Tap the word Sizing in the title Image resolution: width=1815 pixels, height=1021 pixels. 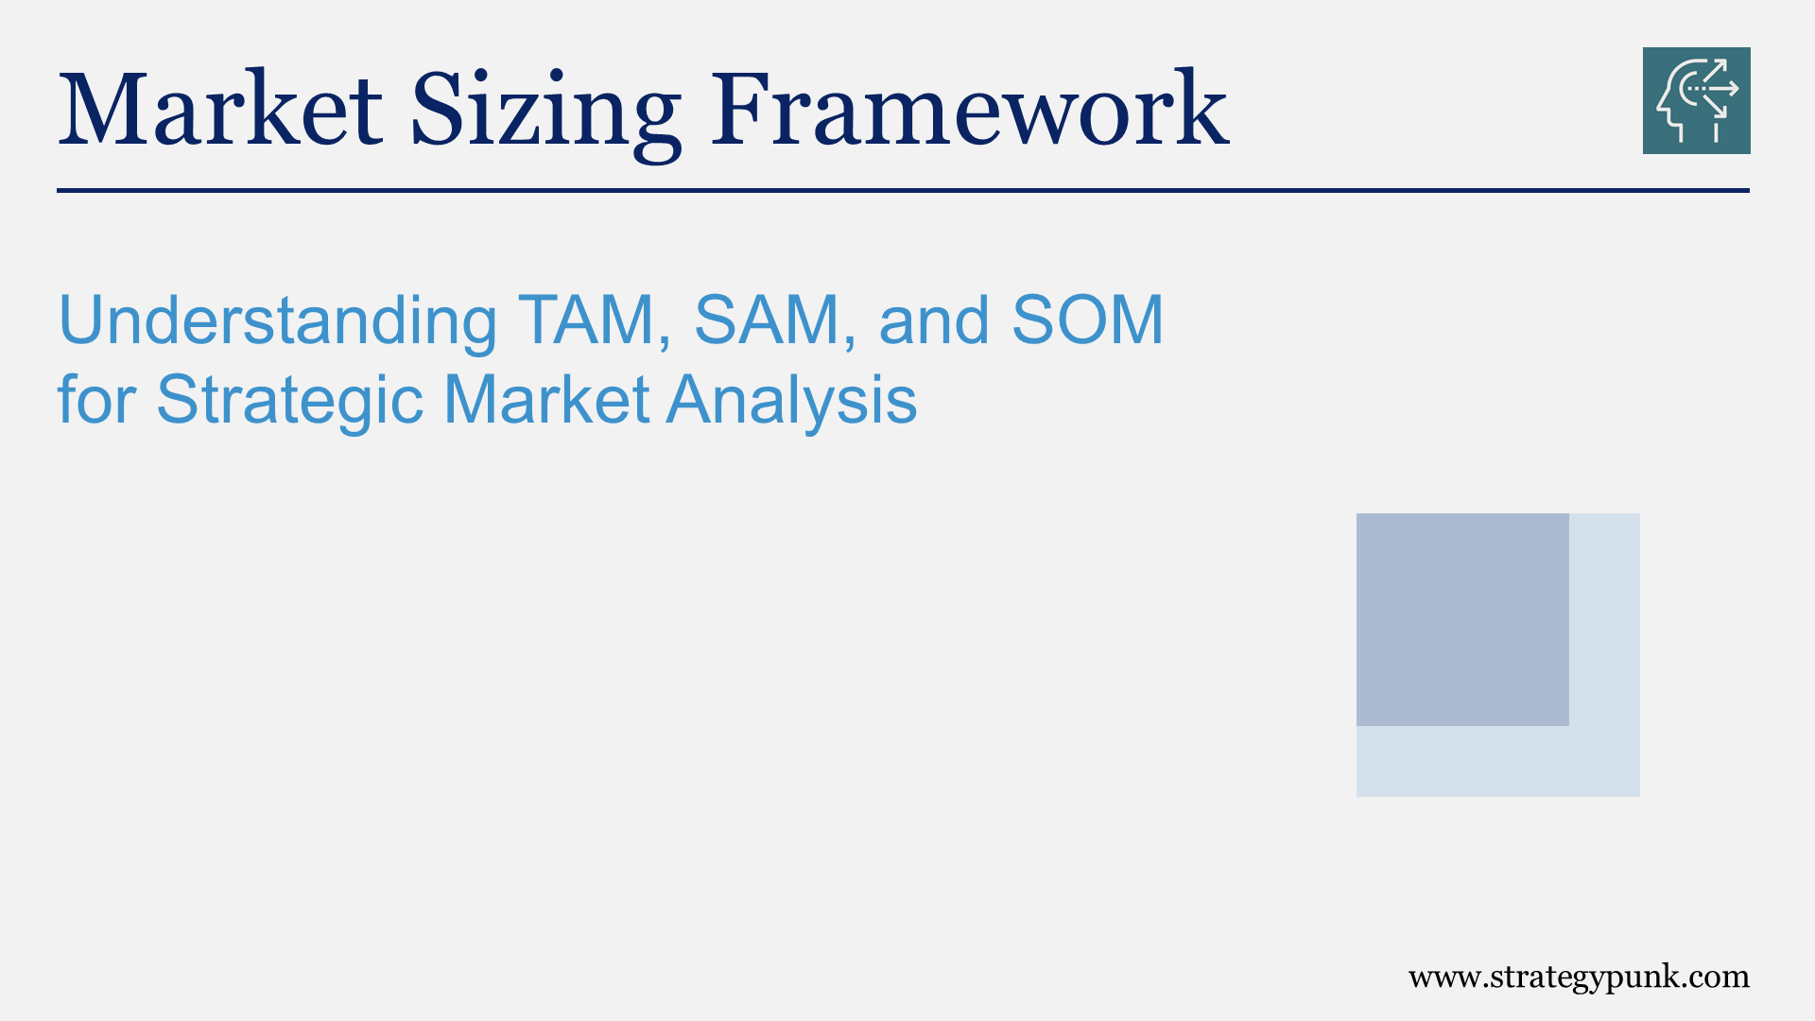tap(545, 112)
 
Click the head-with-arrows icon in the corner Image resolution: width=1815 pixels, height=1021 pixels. tap(1696, 100)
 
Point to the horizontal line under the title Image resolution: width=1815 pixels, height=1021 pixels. tap(903, 190)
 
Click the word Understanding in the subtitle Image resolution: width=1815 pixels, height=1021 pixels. tap(277, 320)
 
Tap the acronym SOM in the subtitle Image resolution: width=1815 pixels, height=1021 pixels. tap(1087, 320)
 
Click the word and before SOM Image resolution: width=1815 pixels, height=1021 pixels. tap(934, 320)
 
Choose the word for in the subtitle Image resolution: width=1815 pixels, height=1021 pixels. tap(96, 399)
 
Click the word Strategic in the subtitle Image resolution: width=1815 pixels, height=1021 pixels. tap(289, 401)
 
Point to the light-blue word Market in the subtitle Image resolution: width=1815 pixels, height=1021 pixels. tap(546, 399)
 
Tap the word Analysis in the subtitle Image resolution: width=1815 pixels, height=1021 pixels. tap(792, 401)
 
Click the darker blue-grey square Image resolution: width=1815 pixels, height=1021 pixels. tap(1462, 619)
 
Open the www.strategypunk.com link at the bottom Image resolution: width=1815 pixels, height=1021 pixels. tap(1578, 977)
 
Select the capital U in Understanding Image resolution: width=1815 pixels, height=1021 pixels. tap(79, 320)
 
